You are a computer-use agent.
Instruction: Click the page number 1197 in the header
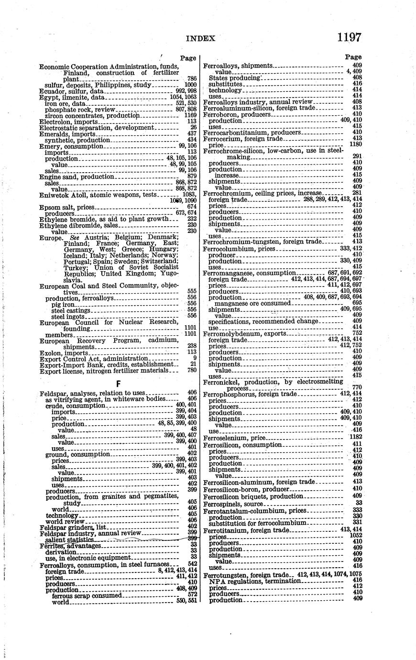349,37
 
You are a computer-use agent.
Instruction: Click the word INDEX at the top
201,38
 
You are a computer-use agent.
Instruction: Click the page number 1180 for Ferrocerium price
355,144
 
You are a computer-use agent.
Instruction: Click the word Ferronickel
219,382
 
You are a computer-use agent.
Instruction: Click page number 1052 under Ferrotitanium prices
355,537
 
